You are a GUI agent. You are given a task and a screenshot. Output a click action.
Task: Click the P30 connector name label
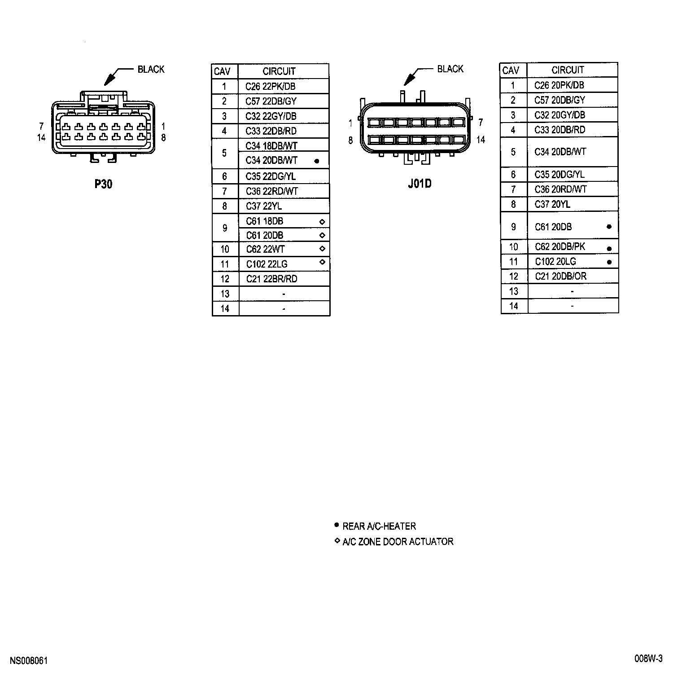pyautogui.click(x=103, y=184)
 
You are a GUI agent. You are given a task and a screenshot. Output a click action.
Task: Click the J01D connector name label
pyautogui.click(x=420, y=184)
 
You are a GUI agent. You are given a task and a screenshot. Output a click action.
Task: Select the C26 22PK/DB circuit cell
pyautogui.click(x=270, y=86)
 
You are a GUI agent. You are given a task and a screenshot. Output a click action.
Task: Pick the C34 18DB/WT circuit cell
pyautogui.click(x=271, y=145)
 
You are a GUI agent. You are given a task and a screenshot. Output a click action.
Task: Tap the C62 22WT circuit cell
pyautogui.click(x=265, y=249)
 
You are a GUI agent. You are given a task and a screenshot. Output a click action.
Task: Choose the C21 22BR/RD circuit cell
pyautogui.click(x=271, y=279)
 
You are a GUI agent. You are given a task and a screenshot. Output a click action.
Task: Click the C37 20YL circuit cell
pyautogui.click(x=552, y=204)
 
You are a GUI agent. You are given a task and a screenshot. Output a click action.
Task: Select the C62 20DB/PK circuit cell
pyautogui.click(x=560, y=246)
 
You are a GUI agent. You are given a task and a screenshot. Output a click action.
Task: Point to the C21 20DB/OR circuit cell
pyautogui.click(x=560, y=276)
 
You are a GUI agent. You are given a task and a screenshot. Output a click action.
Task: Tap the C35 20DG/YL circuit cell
pyautogui.click(x=560, y=174)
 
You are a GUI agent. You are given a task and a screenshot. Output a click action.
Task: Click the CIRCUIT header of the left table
pyautogui.click(x=279, y=71)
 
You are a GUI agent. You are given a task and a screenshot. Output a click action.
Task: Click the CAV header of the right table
pyautogui.click(x=511, y=70)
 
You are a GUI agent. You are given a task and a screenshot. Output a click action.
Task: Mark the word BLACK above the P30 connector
pyautogui.click(x=151, y=69)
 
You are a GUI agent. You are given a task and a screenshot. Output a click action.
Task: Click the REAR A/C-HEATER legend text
pyautogui.click(x=379, y=526)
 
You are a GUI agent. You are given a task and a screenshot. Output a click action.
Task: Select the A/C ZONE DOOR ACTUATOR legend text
pyautogui.click(x=398, y=542)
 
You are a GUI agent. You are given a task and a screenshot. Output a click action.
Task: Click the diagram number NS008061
pyautogui.click(x=29, y=661)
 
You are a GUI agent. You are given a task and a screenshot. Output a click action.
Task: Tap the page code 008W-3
pyautogui.click(x=648, y=659)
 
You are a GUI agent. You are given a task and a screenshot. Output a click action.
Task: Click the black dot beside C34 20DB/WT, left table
pyautogui.click(x=317, y=161)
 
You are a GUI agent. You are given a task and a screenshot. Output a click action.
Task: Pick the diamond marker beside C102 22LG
pyautogui.click(x=322, y=262)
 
